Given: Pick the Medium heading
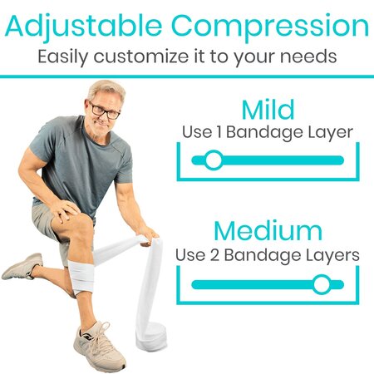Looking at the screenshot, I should click(x=268, y=230).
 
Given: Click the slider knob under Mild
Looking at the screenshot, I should click(x=214, y=160).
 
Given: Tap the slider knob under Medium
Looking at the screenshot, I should click(x=322, y=284).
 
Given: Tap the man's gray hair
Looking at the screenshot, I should click(x=105, y=90).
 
